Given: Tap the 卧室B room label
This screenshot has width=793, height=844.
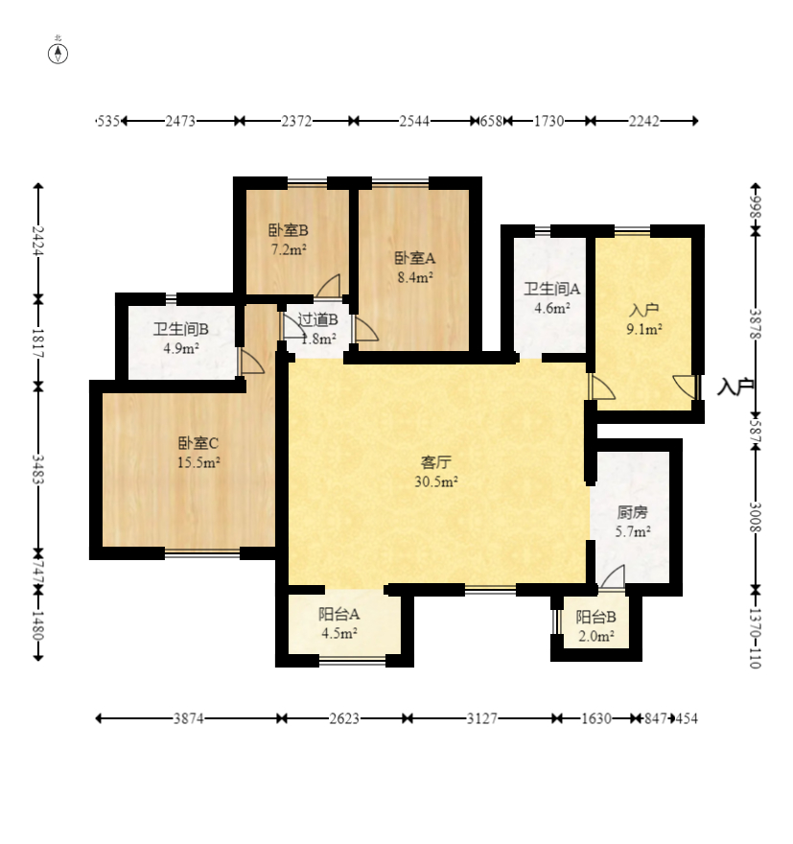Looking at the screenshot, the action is click(x=289, y=230).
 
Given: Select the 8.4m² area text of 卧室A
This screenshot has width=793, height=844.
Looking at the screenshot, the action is click(x=415, y=278).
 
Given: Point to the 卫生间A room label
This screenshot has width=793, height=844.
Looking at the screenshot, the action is click(x=552, y=289).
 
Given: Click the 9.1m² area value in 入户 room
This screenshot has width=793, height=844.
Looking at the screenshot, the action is click(x=644, y=329).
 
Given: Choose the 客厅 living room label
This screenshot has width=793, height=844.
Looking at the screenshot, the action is click(x=435, y=462).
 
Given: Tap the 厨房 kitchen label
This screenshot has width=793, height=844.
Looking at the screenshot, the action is click(x=633, y=512).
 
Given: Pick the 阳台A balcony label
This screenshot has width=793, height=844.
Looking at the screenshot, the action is click(x=338, y=614).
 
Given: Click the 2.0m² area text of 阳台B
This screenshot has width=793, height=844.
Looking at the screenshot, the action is click(x=596, y=636).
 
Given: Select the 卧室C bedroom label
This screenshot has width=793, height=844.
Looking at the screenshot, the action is click(x=198, y=443).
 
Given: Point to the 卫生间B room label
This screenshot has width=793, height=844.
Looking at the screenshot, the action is click(x=181, y=329).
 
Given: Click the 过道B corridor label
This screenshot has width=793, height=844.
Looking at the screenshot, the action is click(x=317, y=319).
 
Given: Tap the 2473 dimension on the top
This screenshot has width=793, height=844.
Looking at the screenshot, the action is click(x=180, y=121).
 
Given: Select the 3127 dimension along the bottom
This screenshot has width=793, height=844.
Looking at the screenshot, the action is click(x=481, y=718).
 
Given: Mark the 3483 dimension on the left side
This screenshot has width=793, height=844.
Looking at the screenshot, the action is click(x=37, y=469).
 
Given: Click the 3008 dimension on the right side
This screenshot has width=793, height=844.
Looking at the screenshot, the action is click(x=756, y=517).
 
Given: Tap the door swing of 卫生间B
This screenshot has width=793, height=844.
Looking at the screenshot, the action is click(x=250, y=362).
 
